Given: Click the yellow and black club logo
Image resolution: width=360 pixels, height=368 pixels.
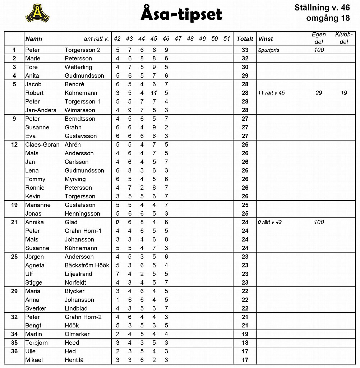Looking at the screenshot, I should pyautogui.click(x=38, y=14).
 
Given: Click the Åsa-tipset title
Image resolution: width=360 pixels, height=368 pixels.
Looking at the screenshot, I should pyautogui.click(x=181, y=14).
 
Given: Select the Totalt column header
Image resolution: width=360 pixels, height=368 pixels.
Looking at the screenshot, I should pyautogui.click(x=245, y=39).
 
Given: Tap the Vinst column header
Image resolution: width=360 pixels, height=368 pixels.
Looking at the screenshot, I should pyautogui.click(x=266, y=39).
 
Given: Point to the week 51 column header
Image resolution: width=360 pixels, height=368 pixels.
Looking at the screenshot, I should pyautogui.click(x=226, y=39).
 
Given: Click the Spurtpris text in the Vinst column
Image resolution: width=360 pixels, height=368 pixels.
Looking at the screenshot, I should pyautogui.click(x=268, y=50).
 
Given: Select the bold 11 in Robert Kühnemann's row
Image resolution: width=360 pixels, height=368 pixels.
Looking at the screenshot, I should pyautogui.click(x=153, y=93).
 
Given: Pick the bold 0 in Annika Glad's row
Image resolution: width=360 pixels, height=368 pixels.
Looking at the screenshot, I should pyautogui.click(x=117, y=222).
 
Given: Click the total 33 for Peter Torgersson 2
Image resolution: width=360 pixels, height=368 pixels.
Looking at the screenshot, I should pyautogui.click(x=245, y=50).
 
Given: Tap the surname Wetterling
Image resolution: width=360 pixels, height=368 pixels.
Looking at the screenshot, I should pyautogui.click(x=78, y=67).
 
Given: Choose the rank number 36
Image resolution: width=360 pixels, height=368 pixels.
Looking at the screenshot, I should pyautogui.click(x=14, y=351).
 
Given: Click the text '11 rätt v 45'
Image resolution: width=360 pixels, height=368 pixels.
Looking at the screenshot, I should pyautogui.click(x=271, y=93).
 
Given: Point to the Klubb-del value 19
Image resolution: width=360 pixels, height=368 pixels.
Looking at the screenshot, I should pyautogui.click(x=344, y=93).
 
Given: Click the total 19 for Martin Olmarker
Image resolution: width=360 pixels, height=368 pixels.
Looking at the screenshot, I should pyautogui.click(x=245, y=334).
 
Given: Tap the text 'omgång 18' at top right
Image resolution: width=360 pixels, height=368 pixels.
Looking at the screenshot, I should pyautogui.click(x=328, y=18).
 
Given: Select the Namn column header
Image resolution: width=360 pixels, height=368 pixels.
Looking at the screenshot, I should pyautogui.click(x=34, y=39).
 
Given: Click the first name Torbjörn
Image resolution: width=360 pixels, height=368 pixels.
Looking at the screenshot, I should pyautogui.click(x=36, y=342).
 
